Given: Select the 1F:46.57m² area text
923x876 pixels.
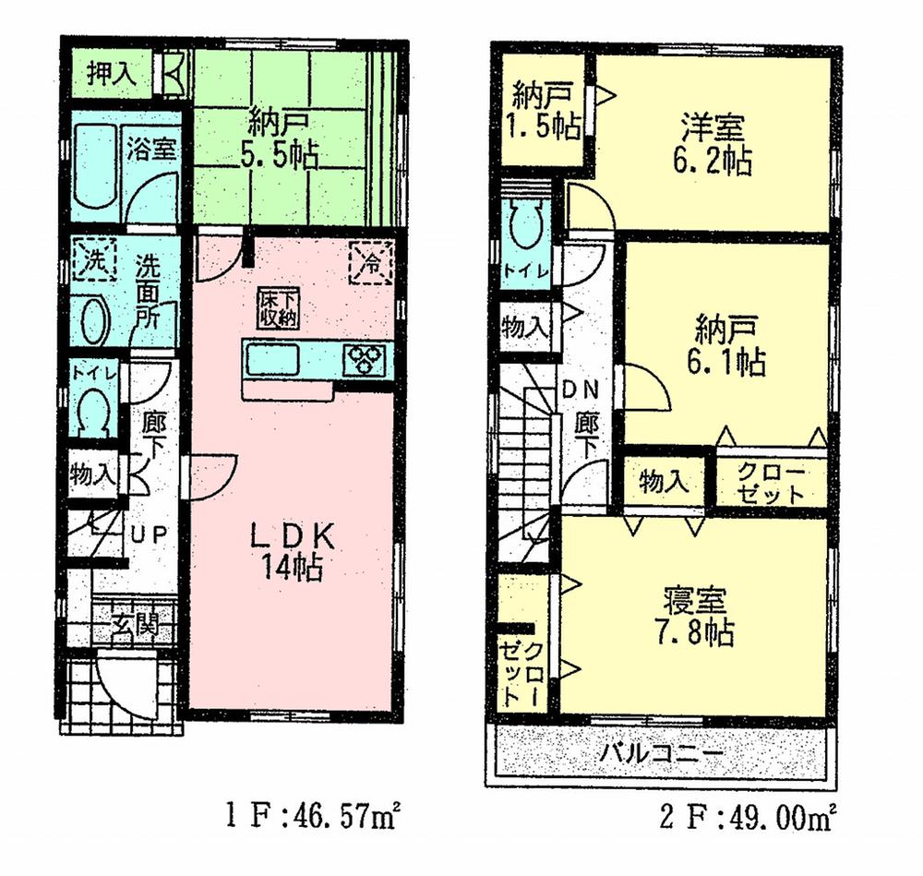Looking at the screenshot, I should click(314, 816).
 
